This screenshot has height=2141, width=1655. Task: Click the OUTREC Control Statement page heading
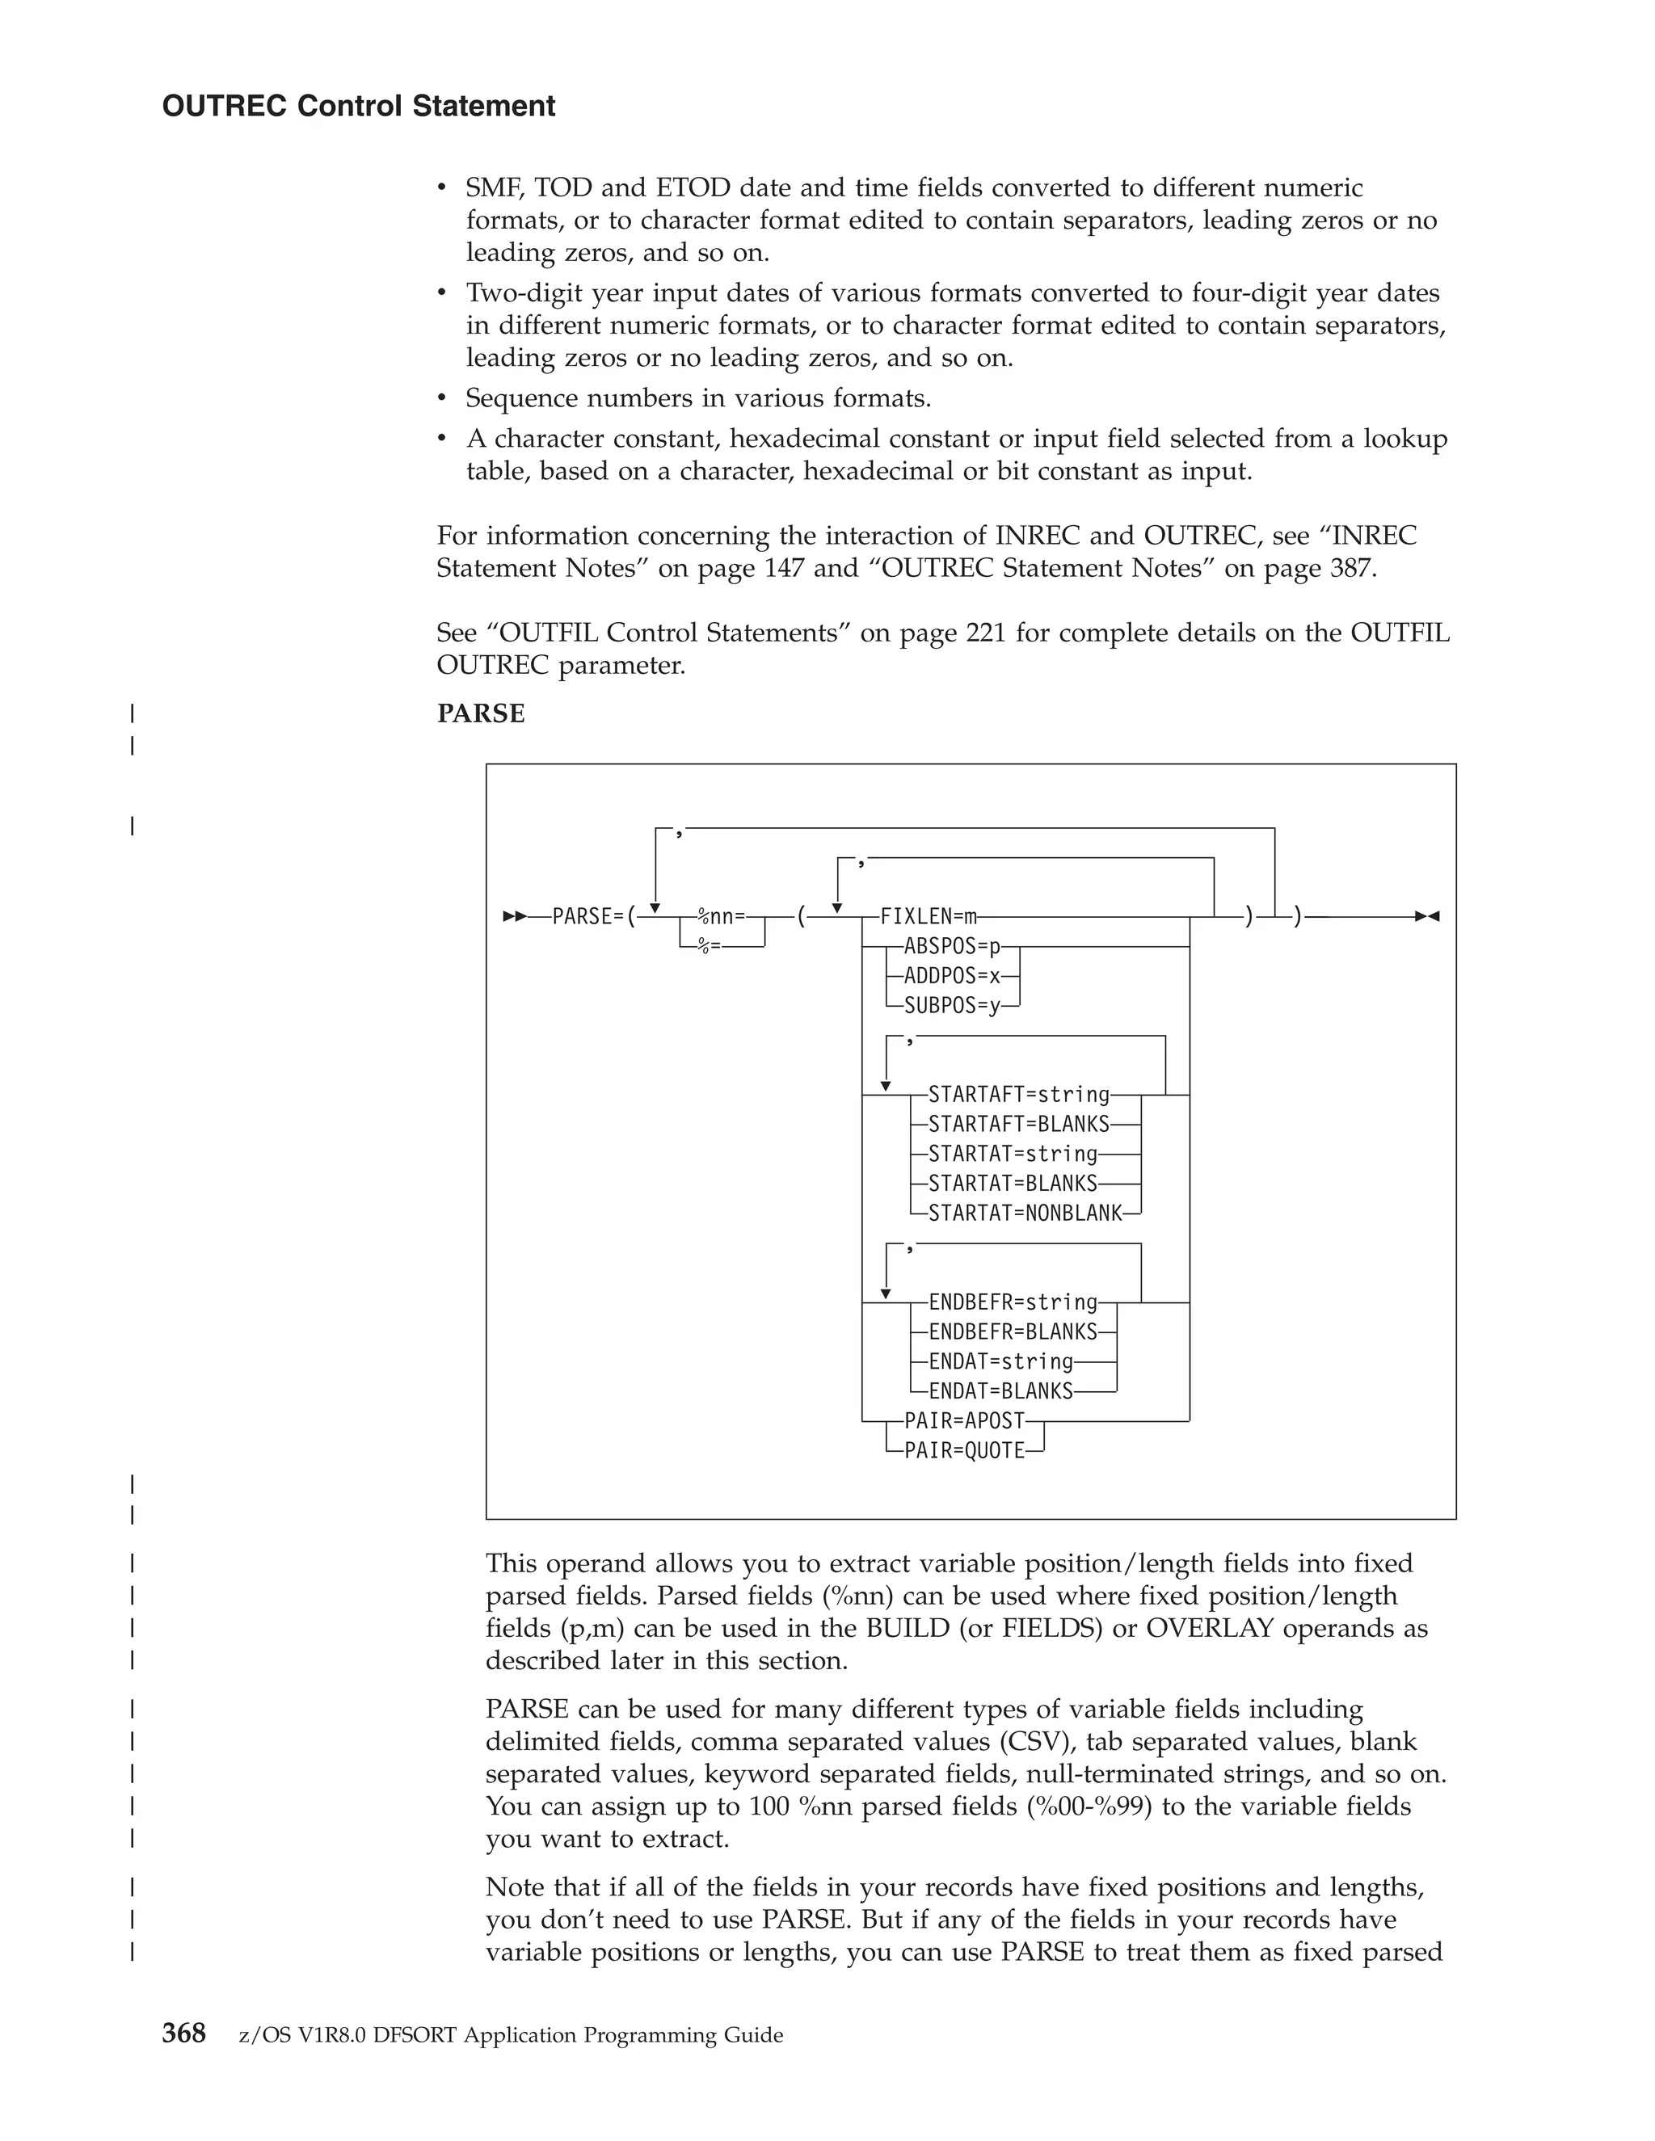tap(358, 106)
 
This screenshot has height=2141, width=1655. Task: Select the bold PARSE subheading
tap(481, 713)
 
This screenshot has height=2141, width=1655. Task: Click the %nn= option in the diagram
tap(721, 917)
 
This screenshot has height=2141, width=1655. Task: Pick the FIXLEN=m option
tap(929, 917)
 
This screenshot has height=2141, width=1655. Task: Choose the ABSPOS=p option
tap(952, 947)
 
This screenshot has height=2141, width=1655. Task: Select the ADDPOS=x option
tap(952, 977)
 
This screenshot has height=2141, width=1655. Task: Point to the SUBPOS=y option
tap(952, 1006)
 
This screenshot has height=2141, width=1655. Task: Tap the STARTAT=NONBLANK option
tap(1025, 1214)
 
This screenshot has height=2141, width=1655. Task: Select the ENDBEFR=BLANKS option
tap(1013, 1332)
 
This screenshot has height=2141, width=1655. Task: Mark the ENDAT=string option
tap(1001, 1361)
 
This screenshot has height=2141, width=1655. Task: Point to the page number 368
tap(183, 2034)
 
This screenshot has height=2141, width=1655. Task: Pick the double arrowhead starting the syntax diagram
tap(514, 917)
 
